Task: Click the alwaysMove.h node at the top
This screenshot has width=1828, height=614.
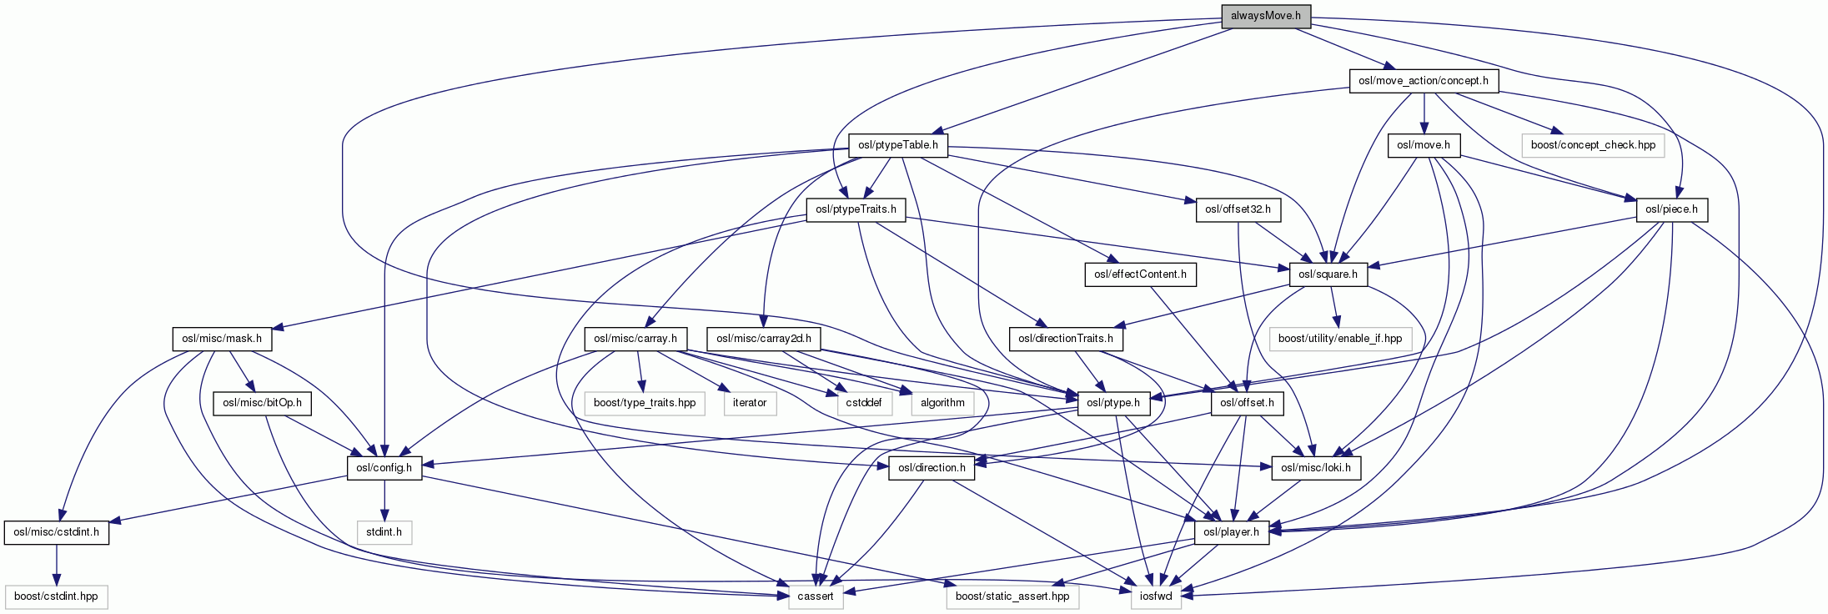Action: (x=1265, y=17)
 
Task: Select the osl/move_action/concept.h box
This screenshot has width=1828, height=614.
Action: (x=1423, y=81)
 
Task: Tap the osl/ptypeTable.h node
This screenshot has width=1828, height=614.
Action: (x=897, y=145)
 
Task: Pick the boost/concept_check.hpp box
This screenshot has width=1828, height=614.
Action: (x=1593, y=145)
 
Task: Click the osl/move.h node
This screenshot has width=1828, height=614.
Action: (x=1424, y=145)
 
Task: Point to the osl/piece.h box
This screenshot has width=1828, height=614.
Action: (x=1672, y=209)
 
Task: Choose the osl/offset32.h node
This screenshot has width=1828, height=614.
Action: (x=1238, y=209)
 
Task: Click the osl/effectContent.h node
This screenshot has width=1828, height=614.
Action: (x=1140, y=274)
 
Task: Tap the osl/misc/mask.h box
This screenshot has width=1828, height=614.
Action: (x=222, y=339)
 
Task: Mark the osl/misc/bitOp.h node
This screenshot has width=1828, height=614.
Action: (x=262, y=403)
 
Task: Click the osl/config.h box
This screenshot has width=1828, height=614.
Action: (x=384, y=467)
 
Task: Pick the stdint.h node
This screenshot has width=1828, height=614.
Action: (x=384, y=531)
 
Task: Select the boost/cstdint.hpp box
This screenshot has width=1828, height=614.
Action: (x=56, y=596)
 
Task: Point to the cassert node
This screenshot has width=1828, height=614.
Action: (x=816, y=596)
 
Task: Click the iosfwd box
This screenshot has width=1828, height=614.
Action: (x=1156, y=596)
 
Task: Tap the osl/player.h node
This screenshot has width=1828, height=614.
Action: (x=1232, y=531)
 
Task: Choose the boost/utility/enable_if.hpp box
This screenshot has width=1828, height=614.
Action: (x=1340, y=339)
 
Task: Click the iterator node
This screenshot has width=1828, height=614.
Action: (x=749, y=403)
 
